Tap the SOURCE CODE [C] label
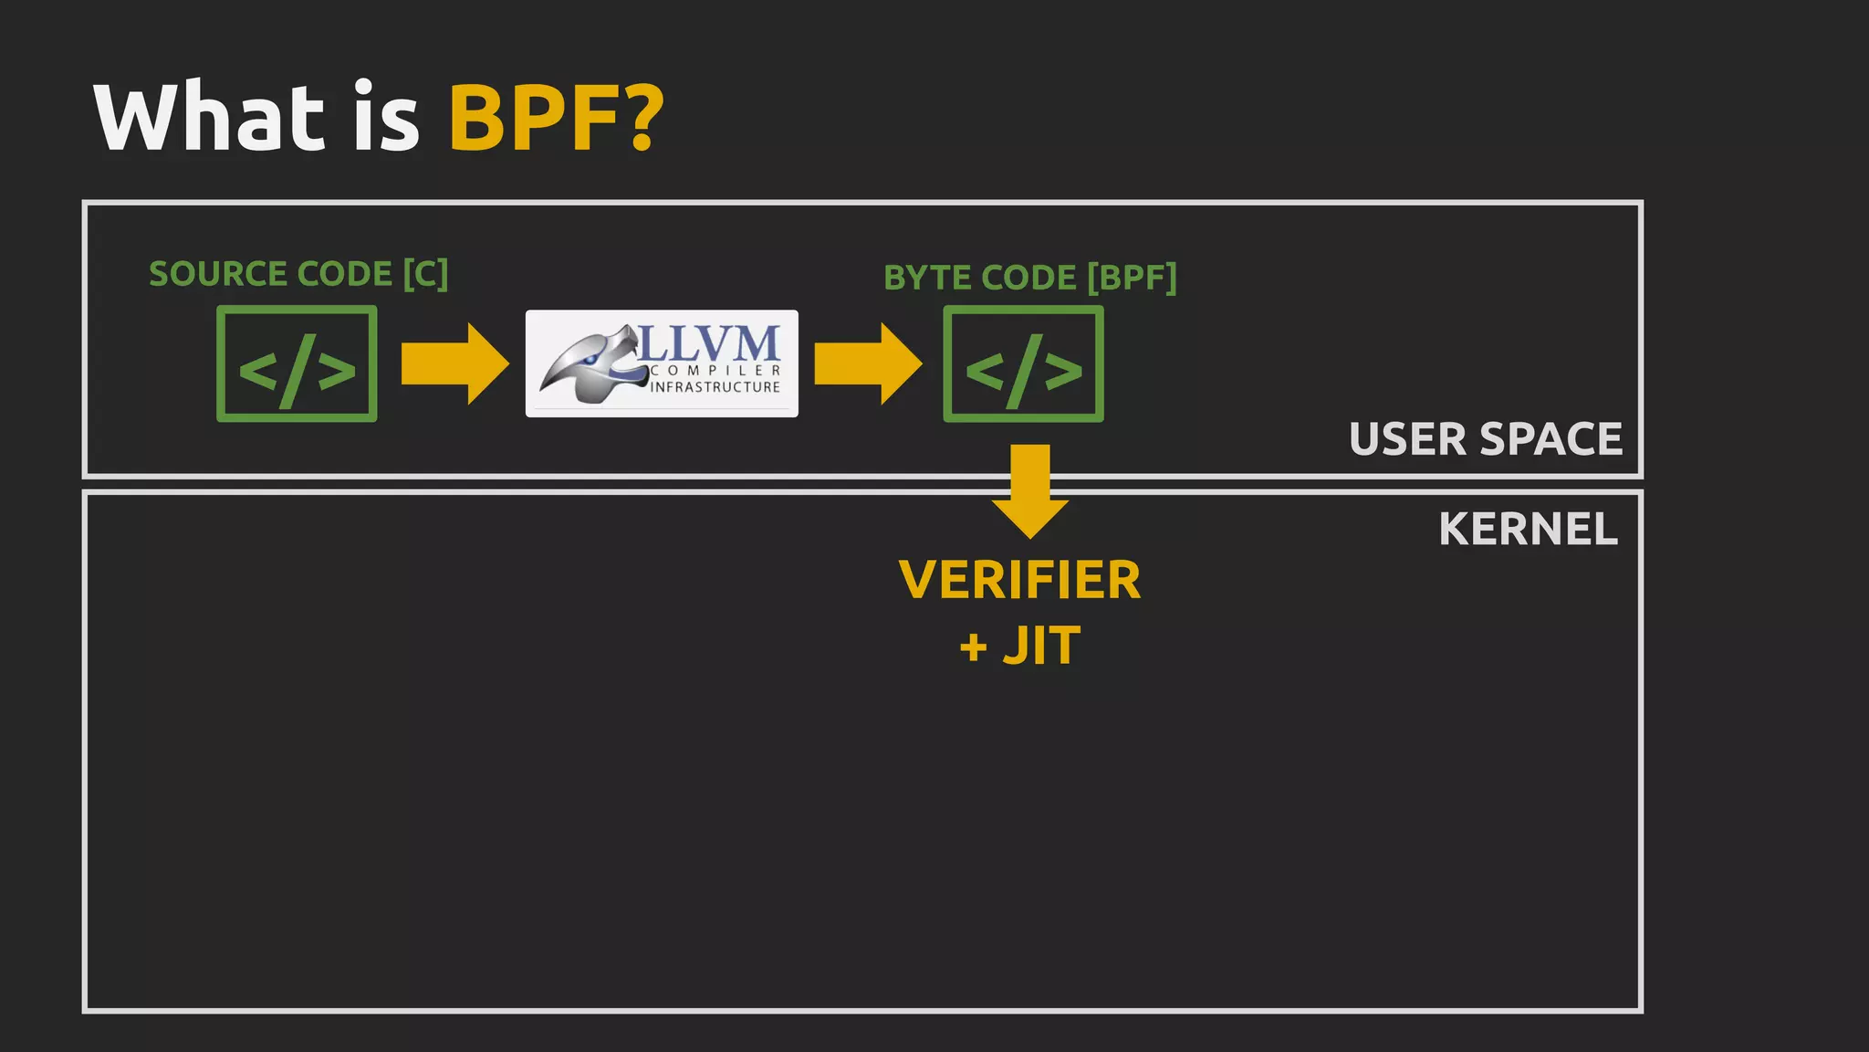pyautogui.click(x=298, y=274)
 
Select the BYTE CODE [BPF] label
pyautogui.click(x=1029, y=278)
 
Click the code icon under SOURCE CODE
pyautogui.click(x=297, y=364)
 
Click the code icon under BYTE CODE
pyautogui.click(x=1023, y=364)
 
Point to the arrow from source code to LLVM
pyautogui.click(x=454, y=363)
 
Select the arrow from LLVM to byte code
pyautogui.click(x=867, y=363)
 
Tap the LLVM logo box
pyautogui.click(x=662, y=363)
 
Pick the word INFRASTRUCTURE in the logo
pyautogui.click(x=715, y=387)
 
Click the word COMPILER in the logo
pyautogui.click(x=715, y=371)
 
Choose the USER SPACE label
pyautogui.click(x=1485, y=439)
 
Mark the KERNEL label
pyautogui.click(x=1528, y=529)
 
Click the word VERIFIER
pyautogui.click(x=1019, y=580)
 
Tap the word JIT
pyautogui.click(x=1041, y=646)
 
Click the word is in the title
pyautogui.click(x=386, y=118)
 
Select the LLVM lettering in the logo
pyautogui.click(x=709, y=344)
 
